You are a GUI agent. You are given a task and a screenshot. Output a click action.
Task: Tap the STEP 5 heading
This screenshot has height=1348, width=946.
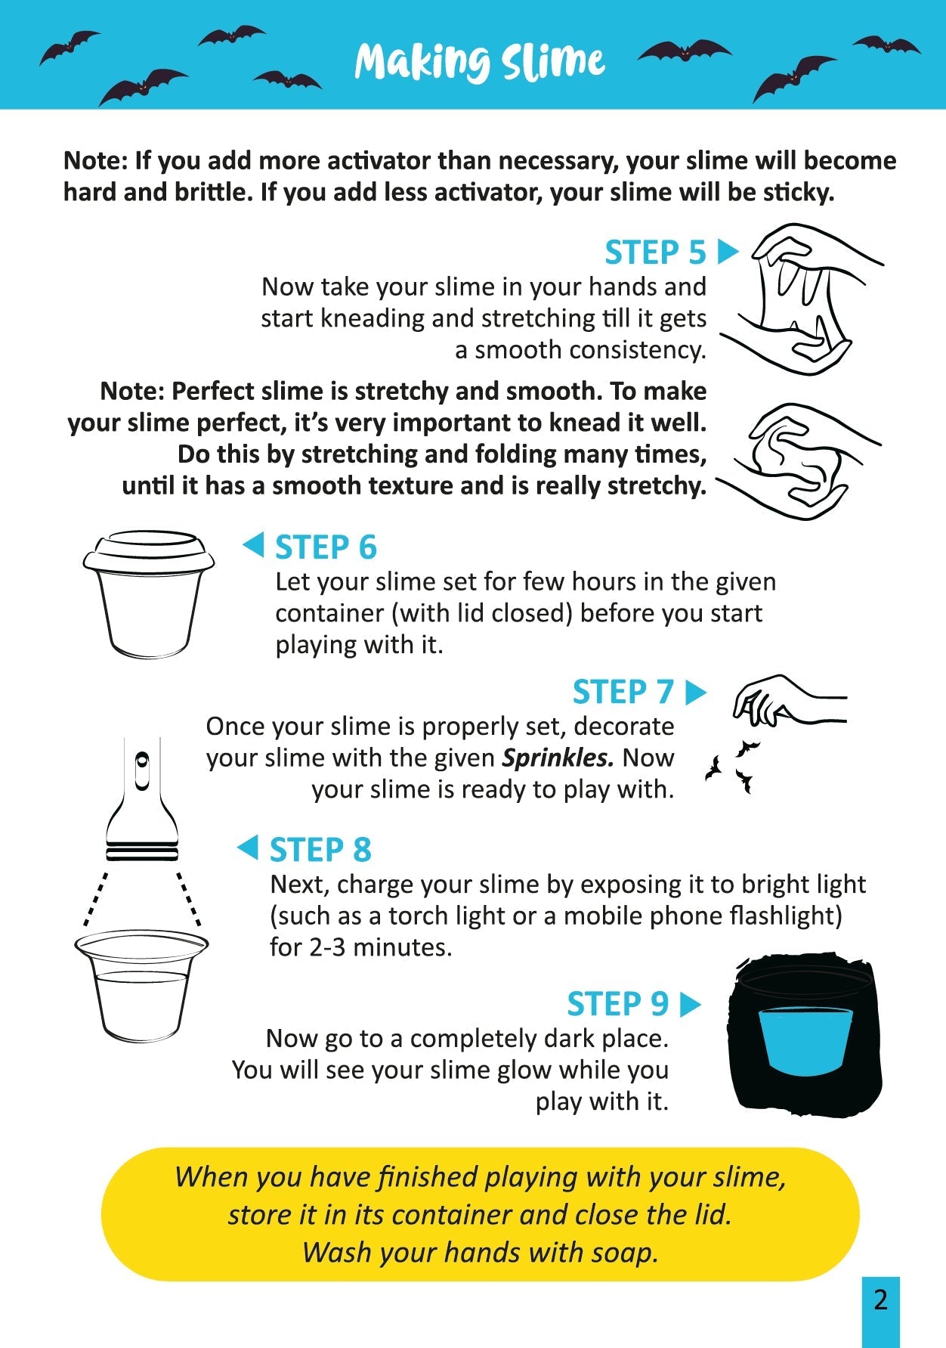click(655, 253)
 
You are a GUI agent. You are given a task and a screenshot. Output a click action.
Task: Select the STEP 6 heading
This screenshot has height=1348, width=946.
click(326, 547)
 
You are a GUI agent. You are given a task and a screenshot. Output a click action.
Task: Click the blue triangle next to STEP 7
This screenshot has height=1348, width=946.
click(694, 692)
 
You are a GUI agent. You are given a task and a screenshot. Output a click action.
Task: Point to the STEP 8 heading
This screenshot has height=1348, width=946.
click(320, 850)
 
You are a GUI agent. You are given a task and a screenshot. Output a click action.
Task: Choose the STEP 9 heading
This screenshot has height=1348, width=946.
click(617, 1004)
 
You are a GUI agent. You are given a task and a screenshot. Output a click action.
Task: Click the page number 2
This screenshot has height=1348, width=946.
click(880, 1300)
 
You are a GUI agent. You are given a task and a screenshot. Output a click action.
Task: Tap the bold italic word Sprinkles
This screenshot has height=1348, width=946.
click(557, 758)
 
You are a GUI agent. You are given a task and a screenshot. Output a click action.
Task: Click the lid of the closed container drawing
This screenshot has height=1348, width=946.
click(149, 550)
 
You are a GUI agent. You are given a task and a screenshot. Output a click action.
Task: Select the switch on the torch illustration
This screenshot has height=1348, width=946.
click(141, 770)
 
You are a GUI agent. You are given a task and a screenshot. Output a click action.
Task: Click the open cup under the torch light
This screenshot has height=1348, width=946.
click(141, 987)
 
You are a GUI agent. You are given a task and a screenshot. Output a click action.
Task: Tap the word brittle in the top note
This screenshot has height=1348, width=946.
click(215, 192)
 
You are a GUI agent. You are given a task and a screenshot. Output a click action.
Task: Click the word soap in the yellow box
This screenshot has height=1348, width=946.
click(624, 1253)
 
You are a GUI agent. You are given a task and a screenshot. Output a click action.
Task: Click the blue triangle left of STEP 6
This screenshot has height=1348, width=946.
click(253, 544)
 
